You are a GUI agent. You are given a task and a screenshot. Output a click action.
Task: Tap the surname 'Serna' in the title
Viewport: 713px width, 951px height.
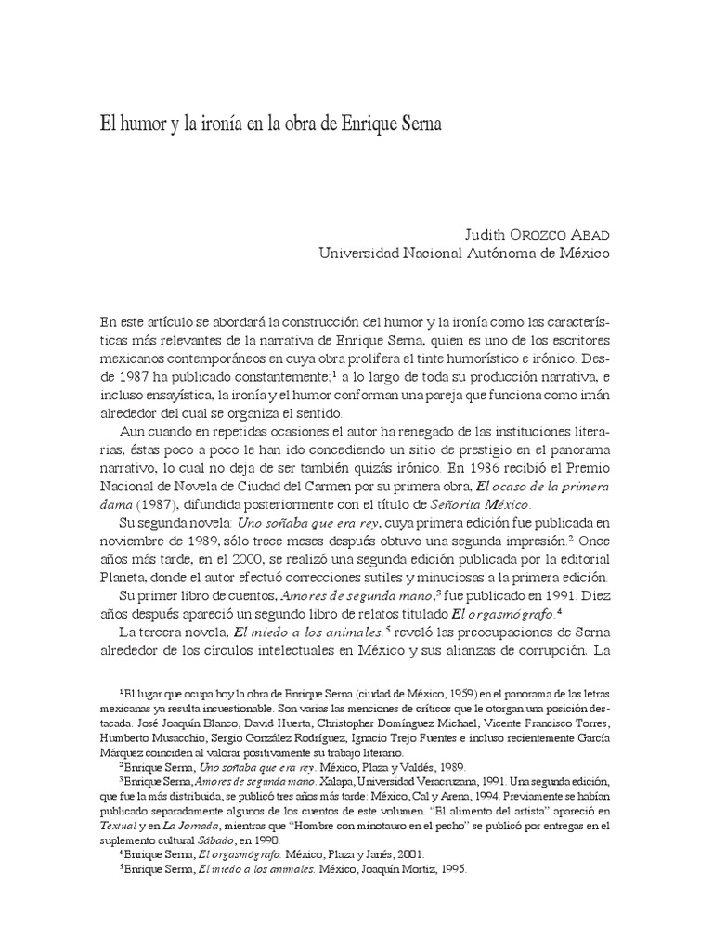416,124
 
